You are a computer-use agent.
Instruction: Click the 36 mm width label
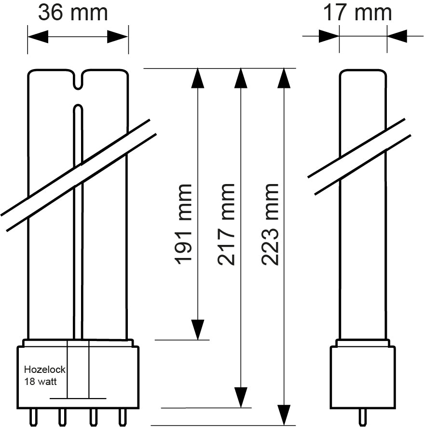pyautogui.click(x=73, y=13)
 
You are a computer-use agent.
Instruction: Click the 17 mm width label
pyautogui.click(x=357, y=13)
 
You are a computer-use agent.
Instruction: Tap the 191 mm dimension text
pyautogui.click(x=184, y=223)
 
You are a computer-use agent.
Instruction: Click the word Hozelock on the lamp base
pyautogui.click(x=45, y=370)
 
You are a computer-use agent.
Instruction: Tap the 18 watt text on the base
pyautogui.click(x=41, y=381)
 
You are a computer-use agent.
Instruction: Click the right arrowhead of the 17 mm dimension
pyautogui.click(x=397, y=36)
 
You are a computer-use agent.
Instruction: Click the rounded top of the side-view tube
pyautogui.click(x=363, y=72)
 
